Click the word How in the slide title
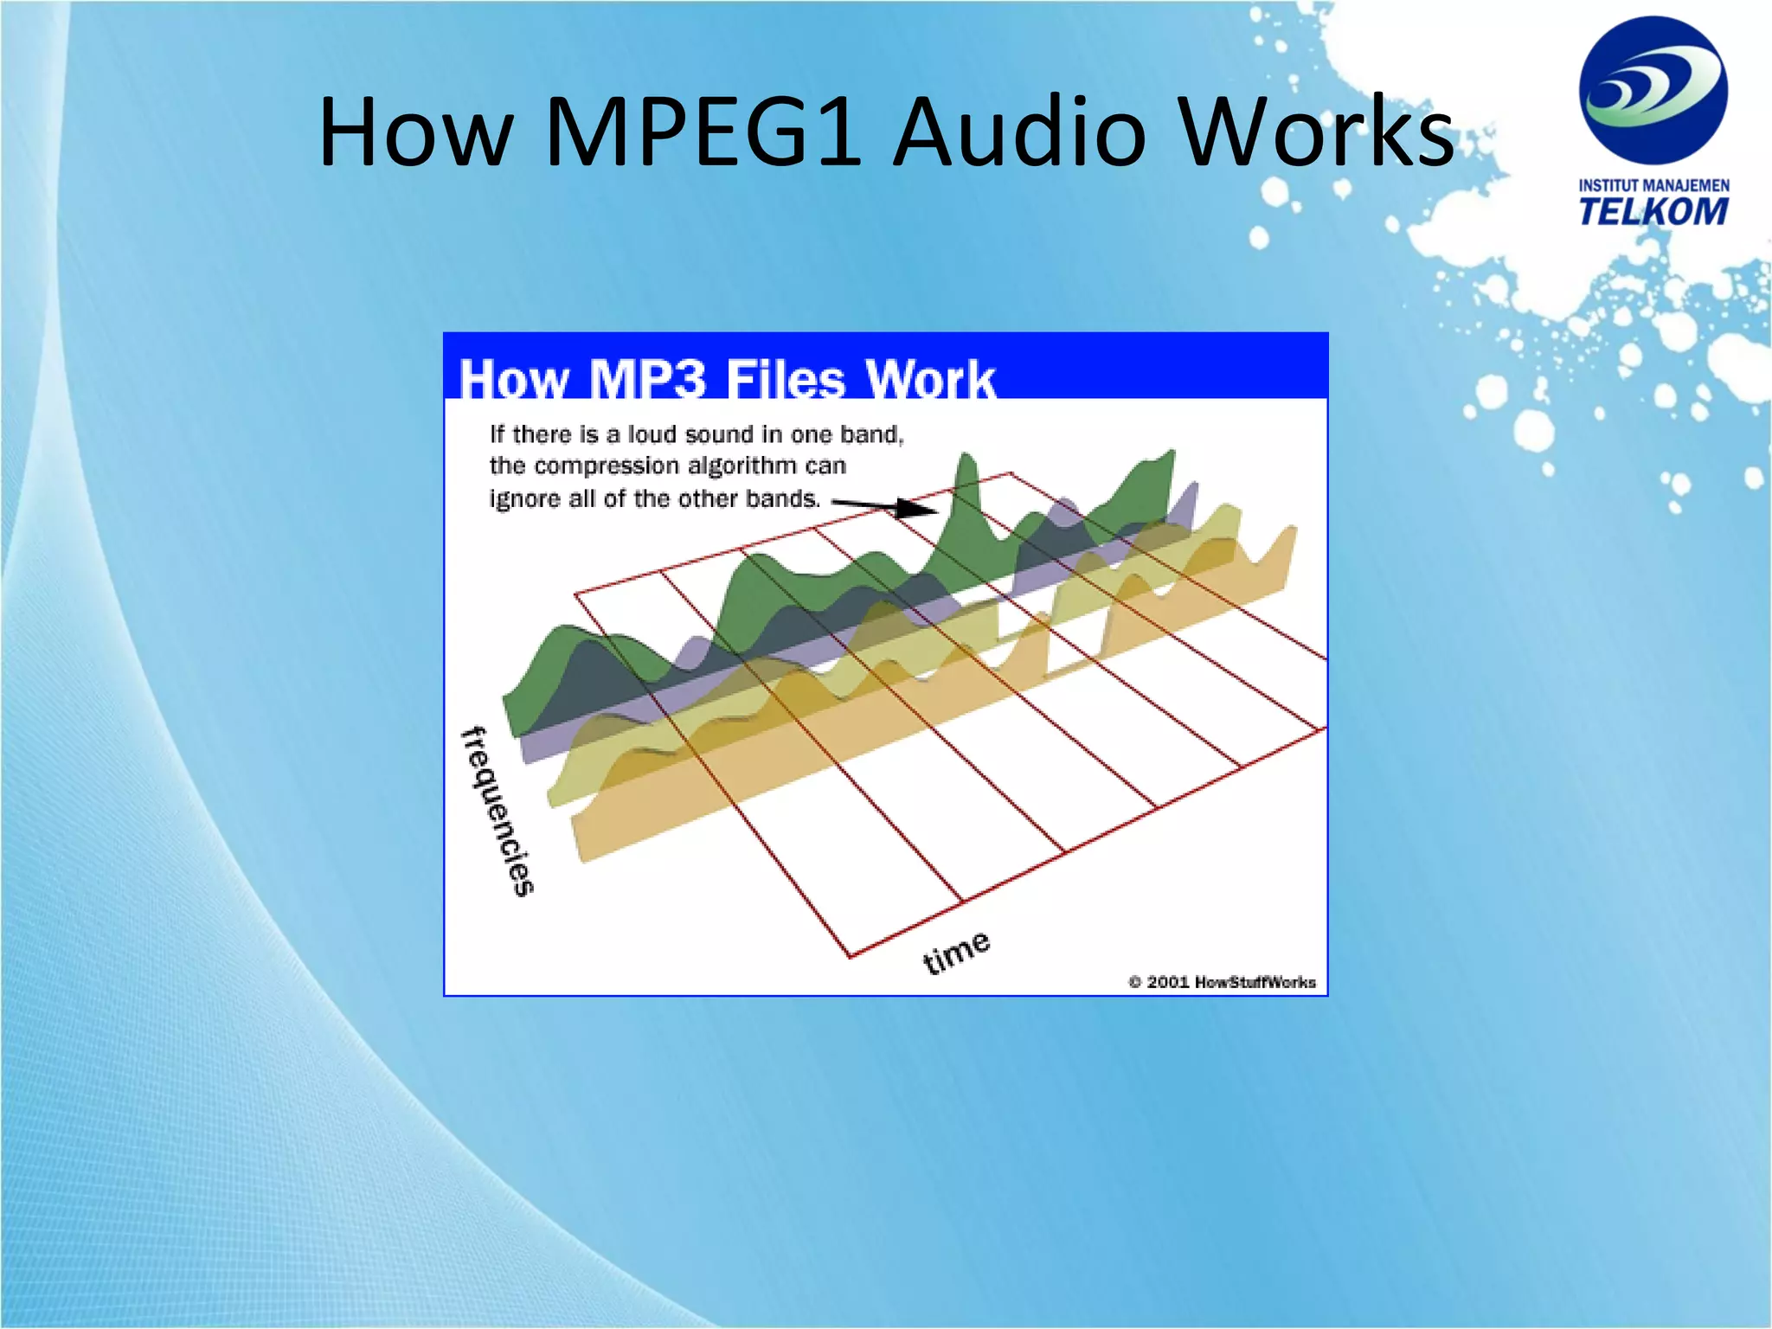pyautogui.click(x=416, y=132)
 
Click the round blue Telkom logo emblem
pyautogui.click(x=1653, y=90)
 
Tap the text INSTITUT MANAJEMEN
pyautogui.click(x=1653, y=185)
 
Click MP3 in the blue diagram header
pyautogui.click(x=646, y=379)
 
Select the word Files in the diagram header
pyautogui.click(x=785, y=379)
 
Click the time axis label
pyautogui.click(x=956, y=952)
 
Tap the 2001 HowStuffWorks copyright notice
pyautogui.click(x=1222, y=981)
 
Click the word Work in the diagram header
pyautogui.click(x=931, y=379)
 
